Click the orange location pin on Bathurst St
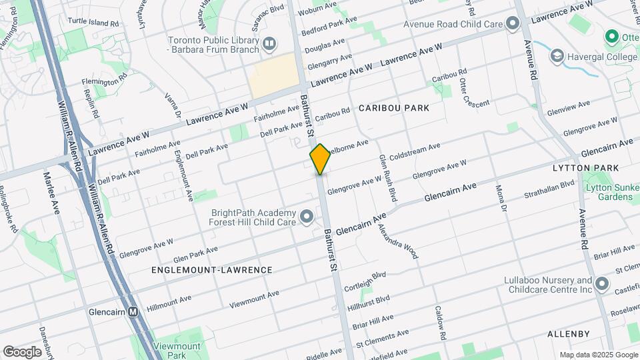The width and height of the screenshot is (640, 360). tap(320, 159)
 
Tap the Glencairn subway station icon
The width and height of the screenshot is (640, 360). tap(133, 311)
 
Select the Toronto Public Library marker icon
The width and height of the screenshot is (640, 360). tap(269, 45)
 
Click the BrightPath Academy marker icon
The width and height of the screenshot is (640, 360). tap(307, 216)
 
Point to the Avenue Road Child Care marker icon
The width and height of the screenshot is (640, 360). tap(512, 24)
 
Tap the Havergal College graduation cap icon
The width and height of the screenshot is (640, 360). tap(556, 57)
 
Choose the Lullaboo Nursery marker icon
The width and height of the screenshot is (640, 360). tap(603, 285)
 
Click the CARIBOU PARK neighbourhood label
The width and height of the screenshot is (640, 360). tap(393, 107)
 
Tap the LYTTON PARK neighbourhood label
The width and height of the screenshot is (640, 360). tap(586, 168)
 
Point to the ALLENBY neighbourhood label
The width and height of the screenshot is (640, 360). tap(569, 333)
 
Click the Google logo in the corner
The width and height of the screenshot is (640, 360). tap(22, 352)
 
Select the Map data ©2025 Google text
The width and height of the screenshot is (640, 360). tap(599, 355)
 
